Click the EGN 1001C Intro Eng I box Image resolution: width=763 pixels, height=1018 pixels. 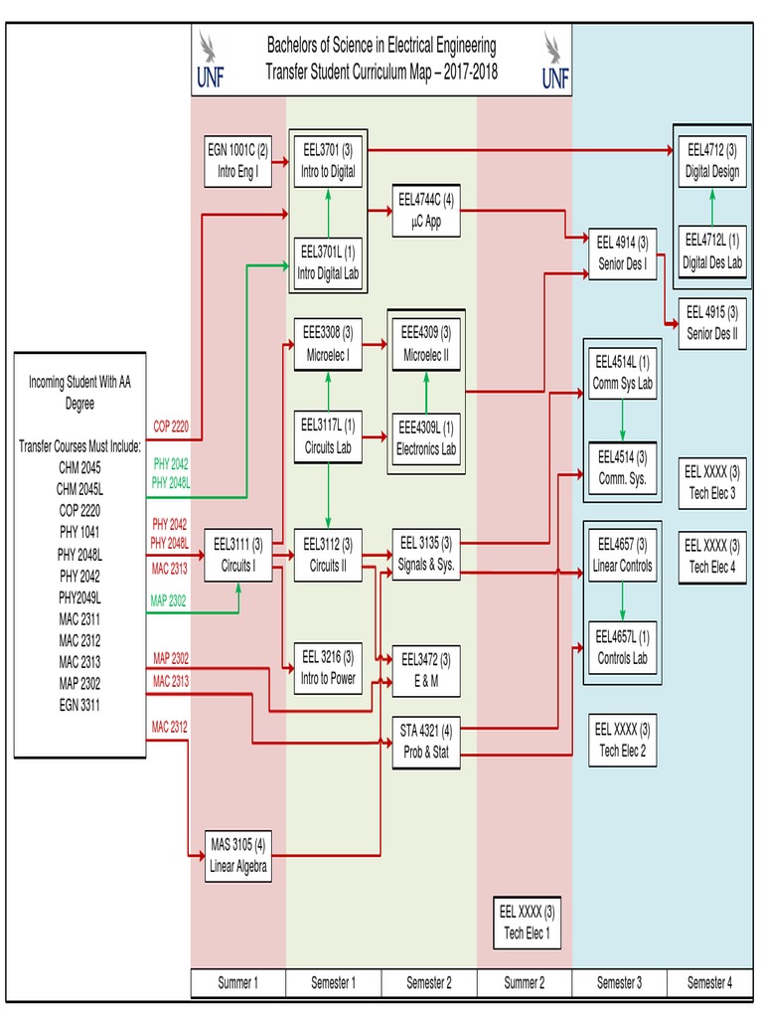coord(237,161)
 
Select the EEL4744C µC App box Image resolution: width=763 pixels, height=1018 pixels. coord(425,211)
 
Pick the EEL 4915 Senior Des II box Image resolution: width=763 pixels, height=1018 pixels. coord(712,323)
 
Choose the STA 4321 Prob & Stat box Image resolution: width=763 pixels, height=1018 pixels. coord(425,742)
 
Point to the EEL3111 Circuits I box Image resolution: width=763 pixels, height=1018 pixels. coord(237,556)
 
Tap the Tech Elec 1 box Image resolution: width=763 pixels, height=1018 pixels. coord(527,922)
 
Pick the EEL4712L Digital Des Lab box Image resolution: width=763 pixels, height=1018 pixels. coord(712,252)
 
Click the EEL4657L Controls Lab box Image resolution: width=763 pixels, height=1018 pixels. coord(622,647)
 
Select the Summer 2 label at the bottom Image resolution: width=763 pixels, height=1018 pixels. coord(524,983)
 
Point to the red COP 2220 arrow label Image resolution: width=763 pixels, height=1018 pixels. coord(170,426)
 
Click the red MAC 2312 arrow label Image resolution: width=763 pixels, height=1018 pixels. coord(170,727)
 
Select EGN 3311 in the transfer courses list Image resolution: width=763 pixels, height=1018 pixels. coord(78,705)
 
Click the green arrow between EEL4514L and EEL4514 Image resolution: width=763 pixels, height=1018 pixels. coord(622,421)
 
